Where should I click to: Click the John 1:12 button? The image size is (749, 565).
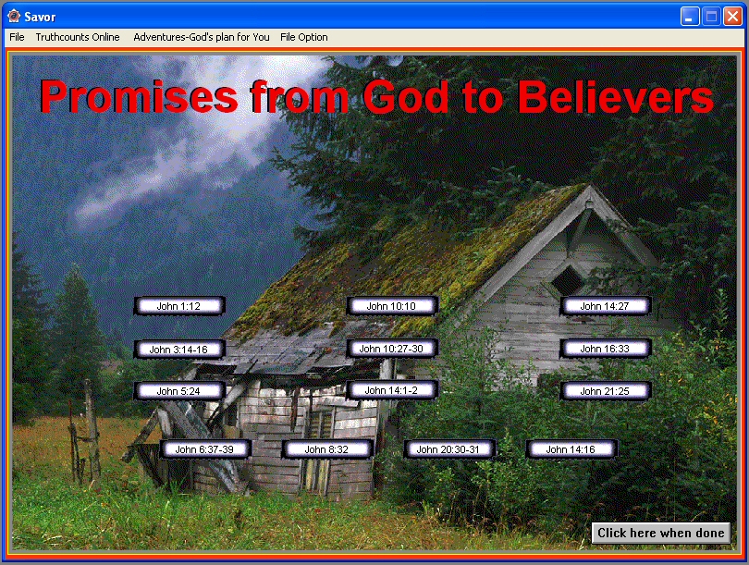coord(179,306)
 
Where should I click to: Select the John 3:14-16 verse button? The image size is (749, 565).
coord(179,350)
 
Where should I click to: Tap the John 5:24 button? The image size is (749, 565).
coord(179,391)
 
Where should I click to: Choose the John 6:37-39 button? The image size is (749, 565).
coord(205,449)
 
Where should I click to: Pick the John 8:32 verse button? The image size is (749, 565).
coord(327,449)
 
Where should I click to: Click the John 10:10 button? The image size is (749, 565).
coord(392,306)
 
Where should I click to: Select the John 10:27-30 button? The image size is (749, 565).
coord(392,349)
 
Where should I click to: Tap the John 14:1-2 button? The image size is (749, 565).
coord(392,390)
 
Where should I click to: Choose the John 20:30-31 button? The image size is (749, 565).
coord(449,449)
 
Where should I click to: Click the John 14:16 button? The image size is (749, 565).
coord(571,449)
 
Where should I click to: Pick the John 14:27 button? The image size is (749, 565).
coord(606,306)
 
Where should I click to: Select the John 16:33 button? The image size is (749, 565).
coord(606,349)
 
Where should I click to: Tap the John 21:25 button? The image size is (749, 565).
coord(606,391)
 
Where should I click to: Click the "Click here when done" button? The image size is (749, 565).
coord(661,533)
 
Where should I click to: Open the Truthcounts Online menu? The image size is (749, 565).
coord(78,37)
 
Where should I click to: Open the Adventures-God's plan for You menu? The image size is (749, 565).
coord(201,37)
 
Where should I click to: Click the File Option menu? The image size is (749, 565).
coord(304,37)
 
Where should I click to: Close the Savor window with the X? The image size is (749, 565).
coord(732,17)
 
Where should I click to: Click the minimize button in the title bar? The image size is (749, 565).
coord(690,17)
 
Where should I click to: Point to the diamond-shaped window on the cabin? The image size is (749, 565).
coord(567,280)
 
